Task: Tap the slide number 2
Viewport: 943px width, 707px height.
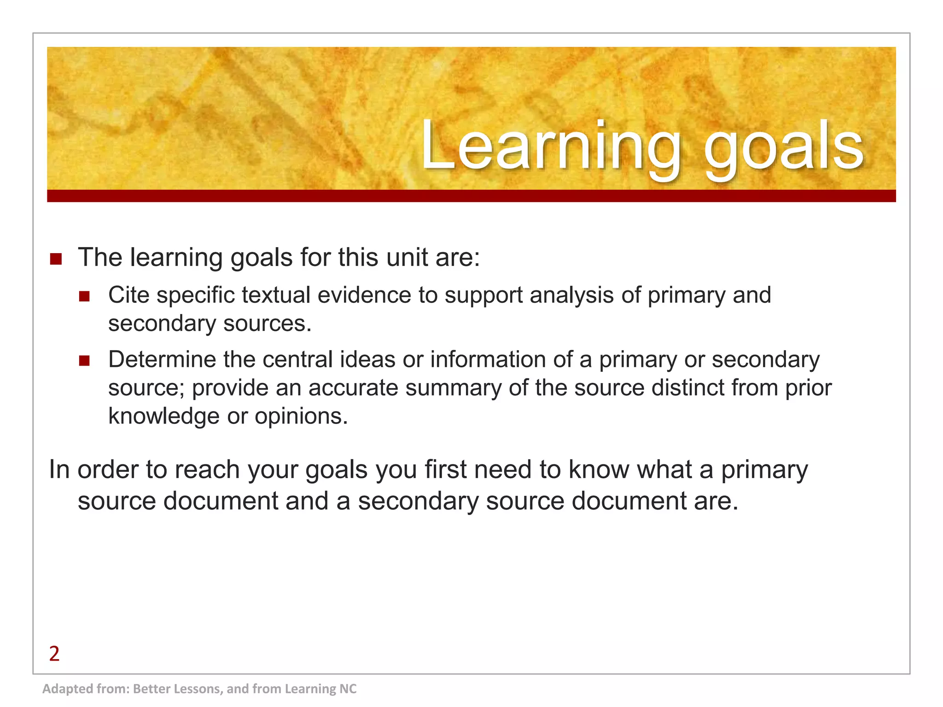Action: (54, 654)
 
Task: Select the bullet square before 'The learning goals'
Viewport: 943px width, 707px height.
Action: (56, 259)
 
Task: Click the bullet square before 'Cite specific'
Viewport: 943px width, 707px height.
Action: (84, 296)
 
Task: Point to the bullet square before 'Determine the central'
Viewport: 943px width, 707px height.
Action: (84, 360)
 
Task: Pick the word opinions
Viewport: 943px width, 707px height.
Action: (301, 416)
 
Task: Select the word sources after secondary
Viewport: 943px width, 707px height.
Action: (267, 324)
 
